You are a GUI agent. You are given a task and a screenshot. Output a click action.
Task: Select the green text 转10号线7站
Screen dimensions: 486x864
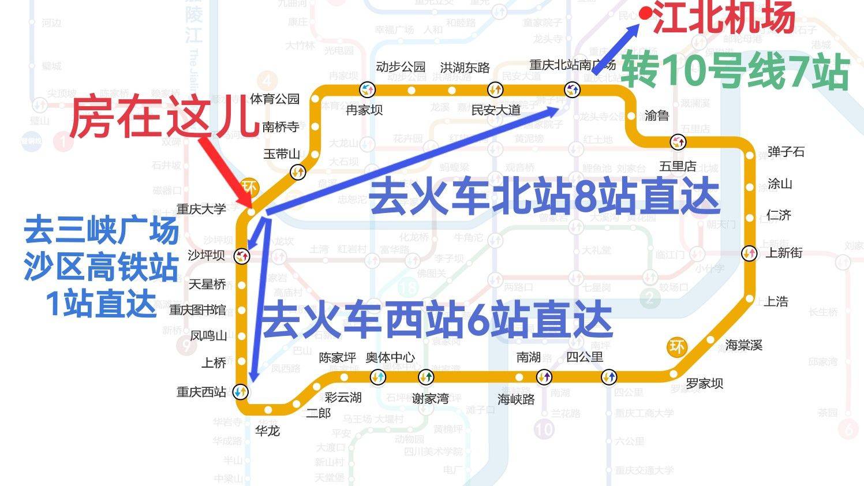735,72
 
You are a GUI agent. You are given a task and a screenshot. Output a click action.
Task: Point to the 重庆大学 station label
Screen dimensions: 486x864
201,209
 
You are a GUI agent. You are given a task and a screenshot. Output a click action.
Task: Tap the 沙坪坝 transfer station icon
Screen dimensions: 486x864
241,255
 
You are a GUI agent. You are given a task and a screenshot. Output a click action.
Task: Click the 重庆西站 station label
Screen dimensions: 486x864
201,392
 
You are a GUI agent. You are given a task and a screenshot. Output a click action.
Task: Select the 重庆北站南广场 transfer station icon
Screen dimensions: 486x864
573,89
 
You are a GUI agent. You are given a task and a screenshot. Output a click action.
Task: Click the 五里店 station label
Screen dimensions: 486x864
678,166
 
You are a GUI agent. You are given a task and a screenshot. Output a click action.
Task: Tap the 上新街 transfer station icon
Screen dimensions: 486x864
749,253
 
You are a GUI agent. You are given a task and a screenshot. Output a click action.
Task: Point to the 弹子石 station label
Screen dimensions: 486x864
786,152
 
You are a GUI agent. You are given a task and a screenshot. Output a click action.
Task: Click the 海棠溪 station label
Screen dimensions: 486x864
744,345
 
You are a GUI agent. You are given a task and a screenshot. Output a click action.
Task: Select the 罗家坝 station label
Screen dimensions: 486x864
704,384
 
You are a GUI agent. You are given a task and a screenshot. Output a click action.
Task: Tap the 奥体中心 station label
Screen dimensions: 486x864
390,357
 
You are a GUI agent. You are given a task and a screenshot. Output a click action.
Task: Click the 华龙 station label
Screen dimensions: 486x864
267,431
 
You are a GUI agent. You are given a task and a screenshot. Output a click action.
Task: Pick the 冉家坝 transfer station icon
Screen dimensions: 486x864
368,89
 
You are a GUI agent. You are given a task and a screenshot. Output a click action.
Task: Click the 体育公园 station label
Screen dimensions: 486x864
275,99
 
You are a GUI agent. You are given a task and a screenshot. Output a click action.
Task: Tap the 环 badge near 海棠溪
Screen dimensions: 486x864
676,347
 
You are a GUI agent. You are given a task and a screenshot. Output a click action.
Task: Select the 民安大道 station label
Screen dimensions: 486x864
496,110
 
